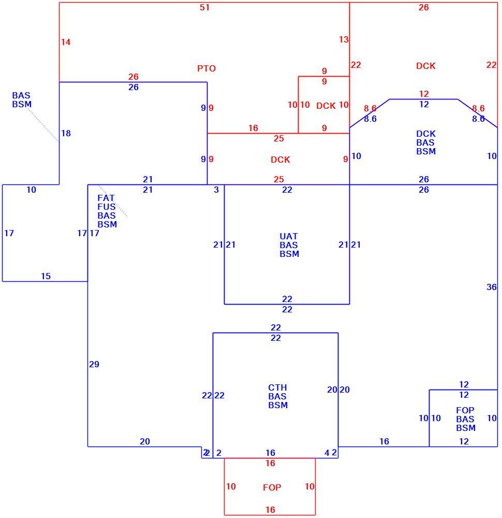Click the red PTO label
pos(206,68)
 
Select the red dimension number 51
pos(204,7)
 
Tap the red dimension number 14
pos(66,42)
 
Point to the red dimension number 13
pos(344,39)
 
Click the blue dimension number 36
pos(492,287)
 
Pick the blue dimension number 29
pos(94,364)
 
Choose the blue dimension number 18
pos(66,133)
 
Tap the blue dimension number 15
pos(46,276)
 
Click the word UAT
pos(288,236)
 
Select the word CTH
pos(277,387)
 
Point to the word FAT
pos(106,198)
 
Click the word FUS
pos(106,207)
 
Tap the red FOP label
pos(272,487)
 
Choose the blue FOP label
pos(465,410)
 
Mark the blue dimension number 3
pos(216,190)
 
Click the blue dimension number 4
pos(327,453)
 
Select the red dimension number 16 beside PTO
pos(253,128)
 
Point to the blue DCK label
pos(426,134)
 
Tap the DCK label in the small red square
pos(326,106)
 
